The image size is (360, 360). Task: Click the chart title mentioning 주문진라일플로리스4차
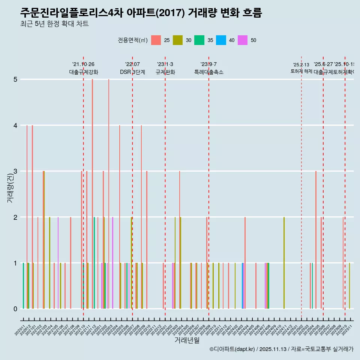141,13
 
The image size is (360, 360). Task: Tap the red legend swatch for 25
156,40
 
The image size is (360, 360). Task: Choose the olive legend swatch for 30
177,40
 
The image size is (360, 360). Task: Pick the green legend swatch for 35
199,40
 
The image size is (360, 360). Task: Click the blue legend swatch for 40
221,40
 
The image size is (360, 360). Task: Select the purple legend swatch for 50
243,40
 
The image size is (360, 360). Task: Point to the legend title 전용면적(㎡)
132,40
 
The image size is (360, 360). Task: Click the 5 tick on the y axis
15,79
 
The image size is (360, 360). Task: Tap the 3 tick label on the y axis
15,171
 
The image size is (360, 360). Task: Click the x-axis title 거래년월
187,340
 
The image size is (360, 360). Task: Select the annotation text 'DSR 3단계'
132,72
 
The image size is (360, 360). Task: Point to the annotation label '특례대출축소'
208,72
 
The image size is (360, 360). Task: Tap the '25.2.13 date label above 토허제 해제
301,65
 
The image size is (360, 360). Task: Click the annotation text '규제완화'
165,72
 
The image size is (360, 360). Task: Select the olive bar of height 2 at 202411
284,262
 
